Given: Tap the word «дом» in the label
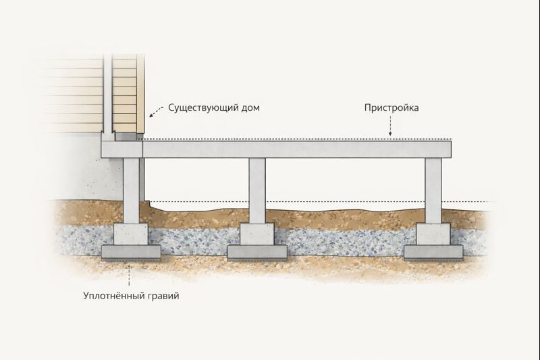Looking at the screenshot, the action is pos(250,108).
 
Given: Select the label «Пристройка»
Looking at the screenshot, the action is pos(391,108).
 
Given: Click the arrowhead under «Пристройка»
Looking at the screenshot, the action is pos(390,134).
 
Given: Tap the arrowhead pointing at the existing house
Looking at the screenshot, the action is pos(151,115).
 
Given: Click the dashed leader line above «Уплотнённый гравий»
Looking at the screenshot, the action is pos(129,275).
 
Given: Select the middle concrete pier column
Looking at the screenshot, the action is pos(257,190).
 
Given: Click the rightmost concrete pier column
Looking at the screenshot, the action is pos(433,190).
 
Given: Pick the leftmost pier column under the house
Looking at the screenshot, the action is pos(131,190).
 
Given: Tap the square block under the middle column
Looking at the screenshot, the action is pos(257,234).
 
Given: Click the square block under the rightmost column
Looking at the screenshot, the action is pos(433,234).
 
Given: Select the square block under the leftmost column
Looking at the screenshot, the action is pos(131,234).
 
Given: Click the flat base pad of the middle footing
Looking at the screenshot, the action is pos(257,253).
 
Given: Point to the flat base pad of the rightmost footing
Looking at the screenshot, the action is pos(433,253).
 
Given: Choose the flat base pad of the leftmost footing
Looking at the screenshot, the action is pos(131,253).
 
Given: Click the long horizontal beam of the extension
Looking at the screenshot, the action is pos(297,149).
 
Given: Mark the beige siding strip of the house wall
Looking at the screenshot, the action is pos(125,94).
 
